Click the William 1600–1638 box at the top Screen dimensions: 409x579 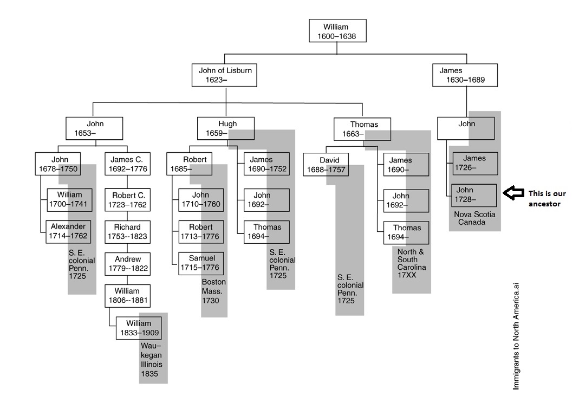click(336, 31)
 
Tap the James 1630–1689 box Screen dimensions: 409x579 click(465, 75)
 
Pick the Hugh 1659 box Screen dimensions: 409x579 click(224, 128)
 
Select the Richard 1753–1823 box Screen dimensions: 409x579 click(127, 232)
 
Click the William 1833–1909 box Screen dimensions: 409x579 click(138, 328)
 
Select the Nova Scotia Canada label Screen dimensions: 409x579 click(474, 218)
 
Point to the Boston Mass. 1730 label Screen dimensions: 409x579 click(213, 291)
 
